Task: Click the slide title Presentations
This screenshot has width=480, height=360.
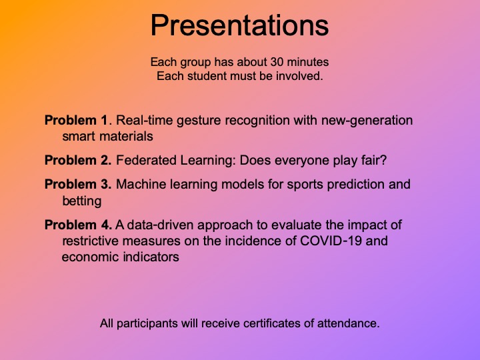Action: [x=240, y=25]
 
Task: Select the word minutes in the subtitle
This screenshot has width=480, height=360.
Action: [x=308, y=62]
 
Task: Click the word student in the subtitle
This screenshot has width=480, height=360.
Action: [x=207, y=76]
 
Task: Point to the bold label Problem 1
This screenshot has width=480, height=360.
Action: [x=76, y=120]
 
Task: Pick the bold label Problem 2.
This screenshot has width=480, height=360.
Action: [x=78, y=161]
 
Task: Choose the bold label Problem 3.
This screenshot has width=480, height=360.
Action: [x=78, y=184]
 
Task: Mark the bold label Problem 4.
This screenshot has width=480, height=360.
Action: [x=78, y=225]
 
